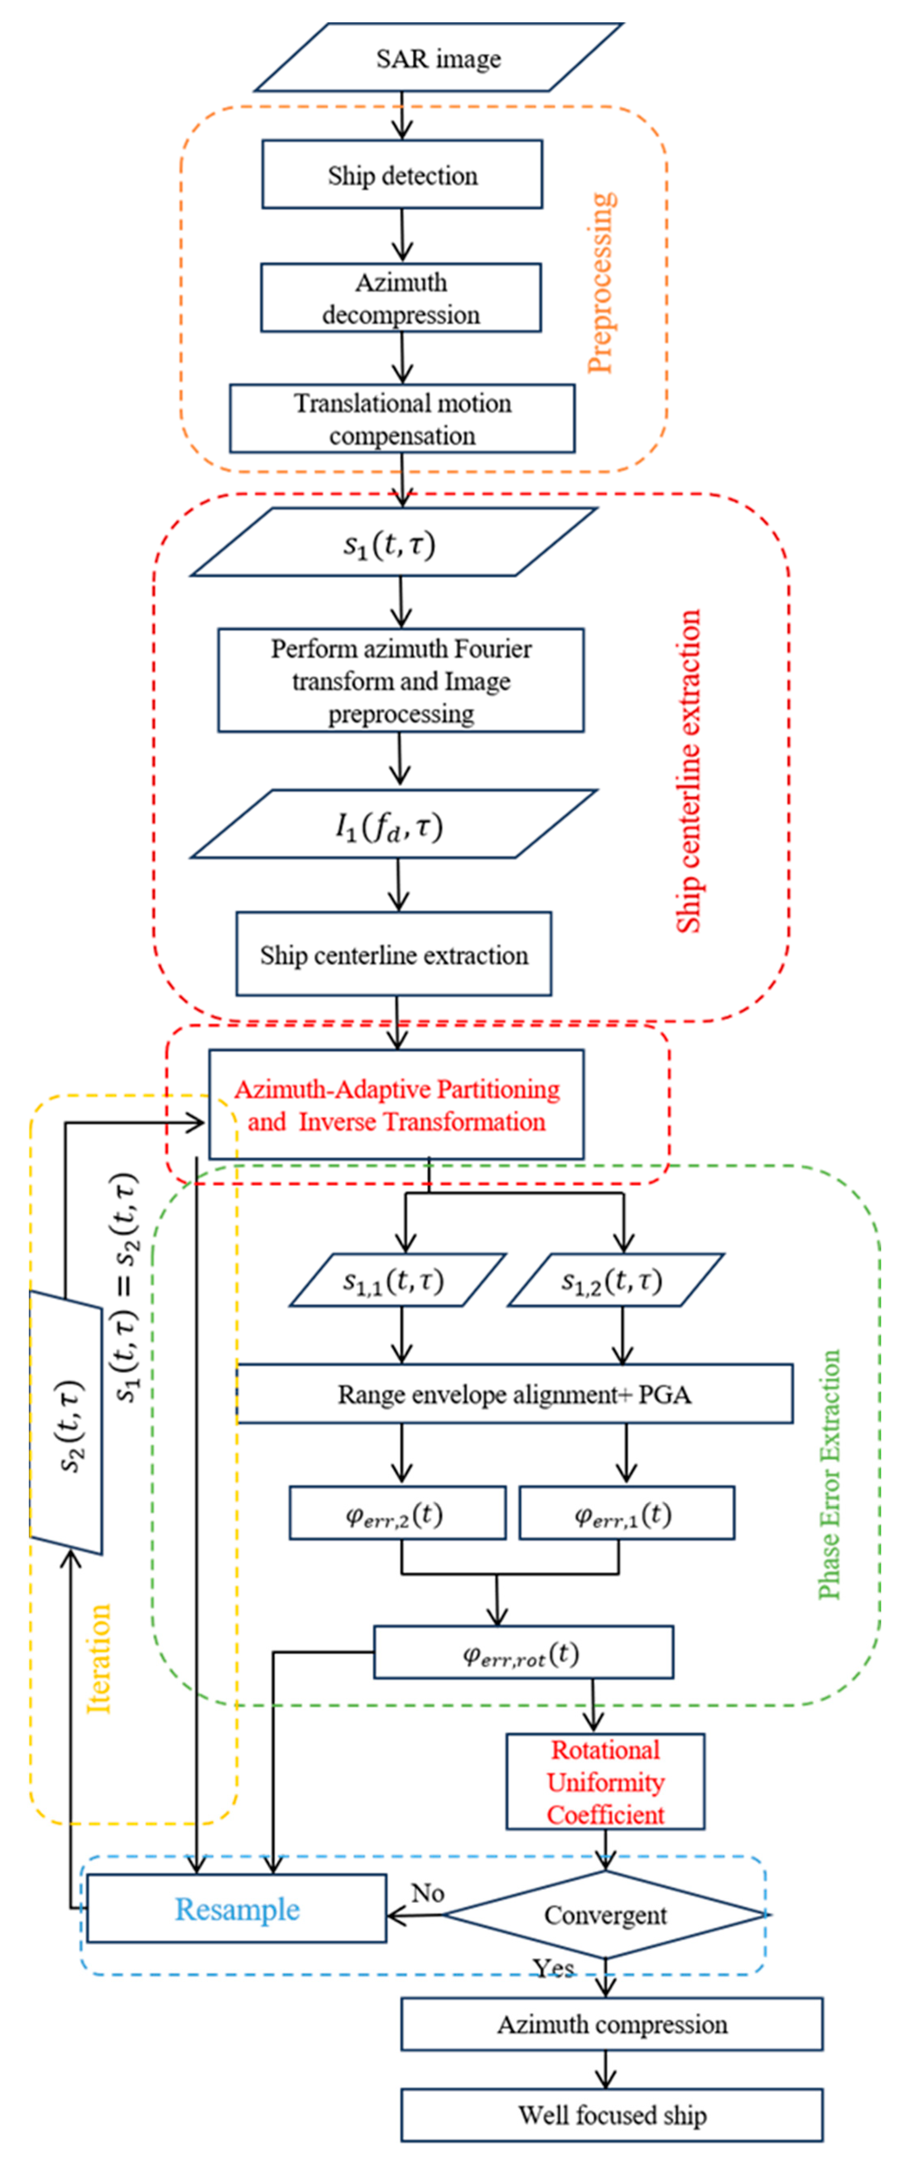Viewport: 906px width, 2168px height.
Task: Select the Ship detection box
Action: [402, 175]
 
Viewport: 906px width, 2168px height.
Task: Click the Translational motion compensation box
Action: [402, 419]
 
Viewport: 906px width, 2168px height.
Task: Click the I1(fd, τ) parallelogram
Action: [393, 825]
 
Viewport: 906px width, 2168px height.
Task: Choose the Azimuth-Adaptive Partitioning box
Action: [396, 1105]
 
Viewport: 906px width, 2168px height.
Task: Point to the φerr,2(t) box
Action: [397, 1513]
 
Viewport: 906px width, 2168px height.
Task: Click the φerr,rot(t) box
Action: [522, 1652]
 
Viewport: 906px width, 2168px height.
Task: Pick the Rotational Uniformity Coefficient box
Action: [605, 1782]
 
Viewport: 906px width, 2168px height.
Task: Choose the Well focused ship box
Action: [611, 2115]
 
